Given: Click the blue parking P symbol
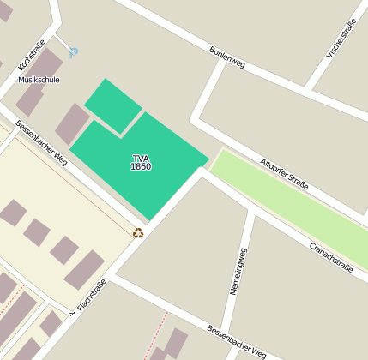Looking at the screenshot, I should pos(74,52).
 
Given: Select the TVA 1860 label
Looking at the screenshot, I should pos(141,162).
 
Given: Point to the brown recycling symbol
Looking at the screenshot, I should pos(138,231).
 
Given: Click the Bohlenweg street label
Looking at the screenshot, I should pos(226,57).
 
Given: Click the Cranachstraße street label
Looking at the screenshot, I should pos(330,256).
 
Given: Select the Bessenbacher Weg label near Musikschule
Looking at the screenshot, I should pos(40,141).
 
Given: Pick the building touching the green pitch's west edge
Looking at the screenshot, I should pos(72,123).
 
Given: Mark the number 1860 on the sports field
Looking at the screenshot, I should pos(141,166).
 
